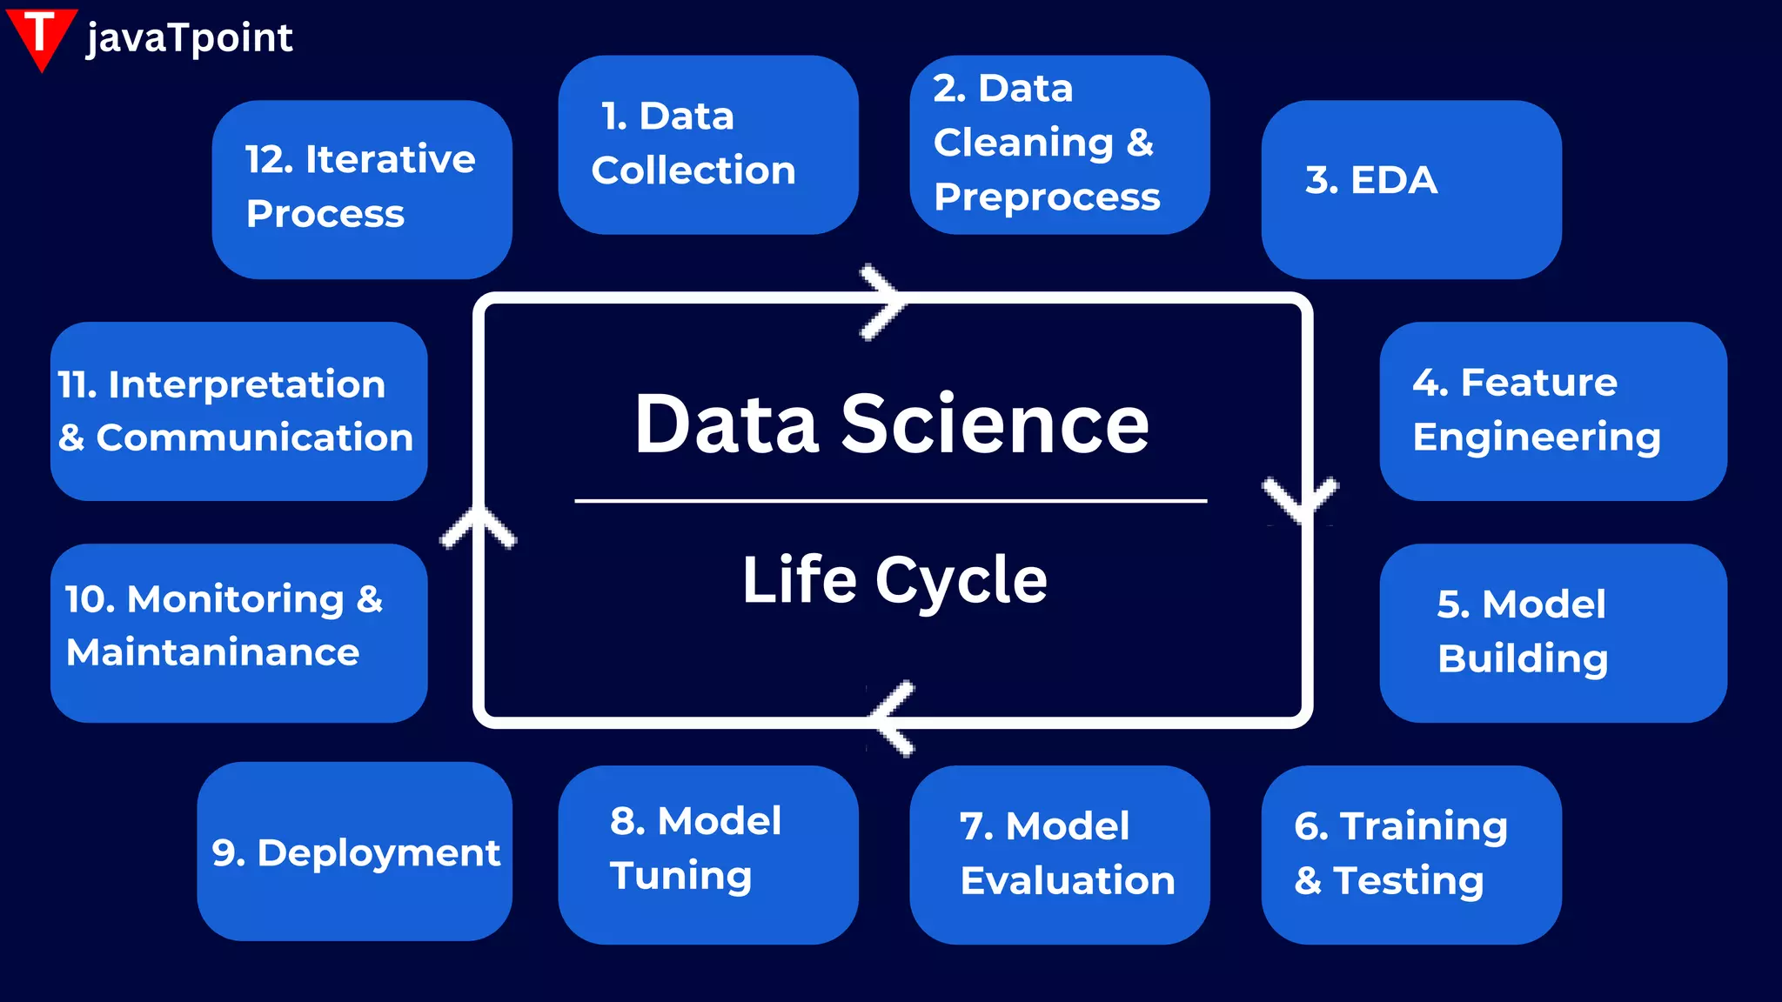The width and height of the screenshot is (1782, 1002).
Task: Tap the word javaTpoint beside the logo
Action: click(x=190, y=38)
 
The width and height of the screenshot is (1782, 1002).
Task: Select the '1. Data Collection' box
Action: click(x=708, y=144)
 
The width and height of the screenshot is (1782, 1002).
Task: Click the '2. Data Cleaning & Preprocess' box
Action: click(x=1060, y=144)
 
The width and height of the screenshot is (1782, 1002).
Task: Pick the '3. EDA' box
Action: click(x=1411, y=190)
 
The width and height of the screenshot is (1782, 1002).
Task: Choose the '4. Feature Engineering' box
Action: click(x=1553, y=411)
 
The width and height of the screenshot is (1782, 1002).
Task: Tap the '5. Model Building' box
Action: click(x=1553, y=632)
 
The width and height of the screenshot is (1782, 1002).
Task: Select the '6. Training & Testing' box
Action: click(x=1411, y=854)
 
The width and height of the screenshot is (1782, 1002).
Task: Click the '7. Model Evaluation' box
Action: click(x=1060, y=854)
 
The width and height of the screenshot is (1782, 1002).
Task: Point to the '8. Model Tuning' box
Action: click(x=708, y=854)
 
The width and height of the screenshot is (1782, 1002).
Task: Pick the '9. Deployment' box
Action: click(x=355, y=852)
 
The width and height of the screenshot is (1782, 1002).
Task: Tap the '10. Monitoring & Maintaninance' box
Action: click(x=239, y=632)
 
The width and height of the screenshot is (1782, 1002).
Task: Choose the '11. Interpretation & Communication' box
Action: click(x=239, y=411)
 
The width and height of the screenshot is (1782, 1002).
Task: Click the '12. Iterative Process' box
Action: click(x=362, y=190)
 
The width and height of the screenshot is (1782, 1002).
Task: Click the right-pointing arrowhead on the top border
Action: click(x=884, y=301)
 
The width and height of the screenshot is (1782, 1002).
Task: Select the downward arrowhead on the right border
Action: click(x=1300, y=499)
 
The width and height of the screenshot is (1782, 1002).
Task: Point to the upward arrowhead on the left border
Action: click(x=478, y=526)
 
